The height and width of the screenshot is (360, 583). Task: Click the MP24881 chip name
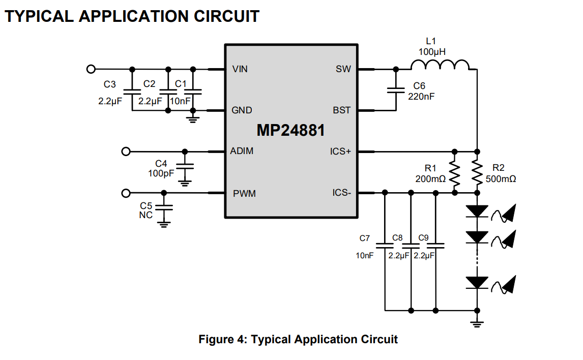[x=290, y=131]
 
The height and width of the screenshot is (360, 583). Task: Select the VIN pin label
[x=240, y=69]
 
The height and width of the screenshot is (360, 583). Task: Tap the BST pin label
[x=341, y=110]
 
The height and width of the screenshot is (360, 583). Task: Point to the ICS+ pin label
[x=340, y=152]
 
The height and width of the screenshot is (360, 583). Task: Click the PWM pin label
[x=244, y=194]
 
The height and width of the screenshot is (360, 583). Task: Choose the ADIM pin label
[x=242, y=151]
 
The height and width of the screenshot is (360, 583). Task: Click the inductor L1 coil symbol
[x=440, y=65]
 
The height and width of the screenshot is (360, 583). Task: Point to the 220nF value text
[x=421, y=96]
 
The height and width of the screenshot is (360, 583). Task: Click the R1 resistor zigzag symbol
[x=454, y=172]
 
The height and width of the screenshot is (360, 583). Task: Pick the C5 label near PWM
[x=146, y=205]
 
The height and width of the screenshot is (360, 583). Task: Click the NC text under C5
[x=146, y=215]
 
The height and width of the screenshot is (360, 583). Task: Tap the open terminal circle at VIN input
[x=91, y=69]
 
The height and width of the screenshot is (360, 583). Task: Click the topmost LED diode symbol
[x=477, y=211]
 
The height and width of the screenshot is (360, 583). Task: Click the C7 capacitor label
[x=365, y=238]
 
